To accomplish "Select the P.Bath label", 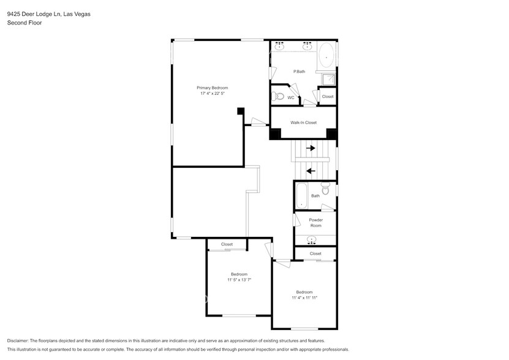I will pos(299,72).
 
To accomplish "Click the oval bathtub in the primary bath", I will pos(326,57).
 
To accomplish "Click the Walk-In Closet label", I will pos(303,122).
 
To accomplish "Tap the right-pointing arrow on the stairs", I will pos(311,148).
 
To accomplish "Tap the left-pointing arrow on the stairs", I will pos(311,171).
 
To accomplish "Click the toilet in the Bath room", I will pos(326,189).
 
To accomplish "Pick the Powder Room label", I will pos(315,222).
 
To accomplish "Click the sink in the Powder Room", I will pos(313,239).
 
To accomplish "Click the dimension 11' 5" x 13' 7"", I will pos(239,280).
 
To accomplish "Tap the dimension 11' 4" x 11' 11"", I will pos(304,298).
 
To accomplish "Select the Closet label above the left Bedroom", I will pos(227,244).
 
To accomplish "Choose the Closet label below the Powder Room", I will pos(315,253).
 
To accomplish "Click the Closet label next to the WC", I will pos(328,96).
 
